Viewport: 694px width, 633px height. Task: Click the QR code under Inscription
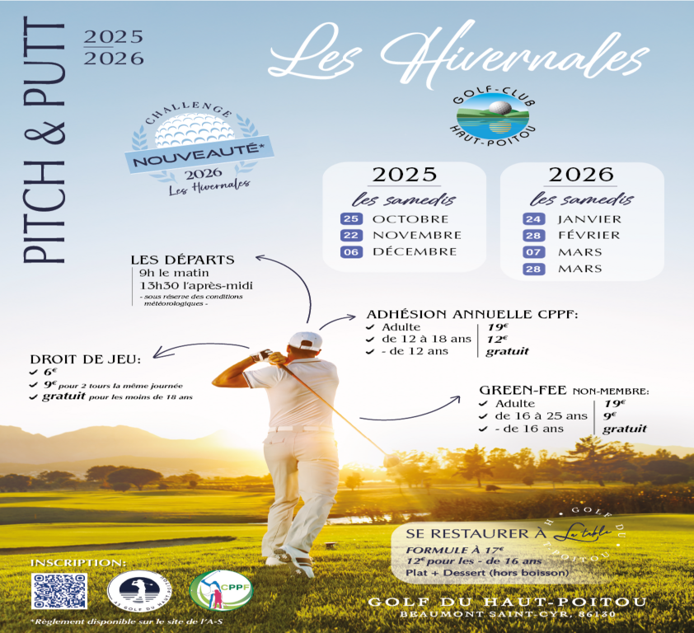(59, 590)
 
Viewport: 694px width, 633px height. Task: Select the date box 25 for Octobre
(352, 219)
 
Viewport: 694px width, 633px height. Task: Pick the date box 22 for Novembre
(352, 236)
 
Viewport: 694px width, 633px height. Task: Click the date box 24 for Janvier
(533, 219)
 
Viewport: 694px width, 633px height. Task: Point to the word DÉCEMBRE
(414, 252)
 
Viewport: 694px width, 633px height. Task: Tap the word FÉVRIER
(588, 236)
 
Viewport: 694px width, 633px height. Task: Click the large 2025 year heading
(404, 175)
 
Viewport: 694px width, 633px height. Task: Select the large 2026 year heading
(582, 175)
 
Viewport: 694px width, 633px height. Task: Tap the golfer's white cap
(305, 340)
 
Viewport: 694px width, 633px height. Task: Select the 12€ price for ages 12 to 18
(497, 339)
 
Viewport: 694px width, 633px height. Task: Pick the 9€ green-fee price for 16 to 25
(612, 416)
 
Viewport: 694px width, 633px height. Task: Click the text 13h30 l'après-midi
(196, 285)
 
